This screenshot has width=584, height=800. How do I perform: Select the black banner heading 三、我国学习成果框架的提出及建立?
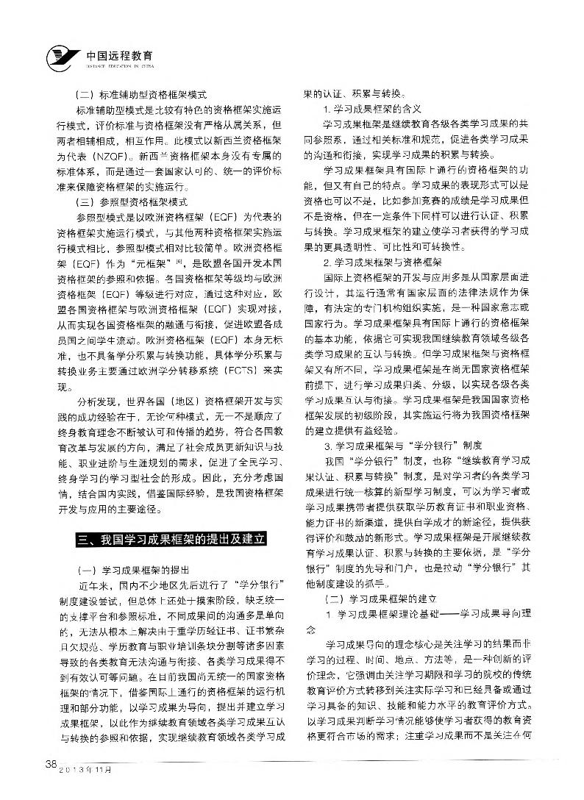171,540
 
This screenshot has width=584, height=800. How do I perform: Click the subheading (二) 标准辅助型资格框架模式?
143,94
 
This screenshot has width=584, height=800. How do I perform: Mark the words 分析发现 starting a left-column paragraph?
94,404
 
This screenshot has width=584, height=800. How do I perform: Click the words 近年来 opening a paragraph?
90,586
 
